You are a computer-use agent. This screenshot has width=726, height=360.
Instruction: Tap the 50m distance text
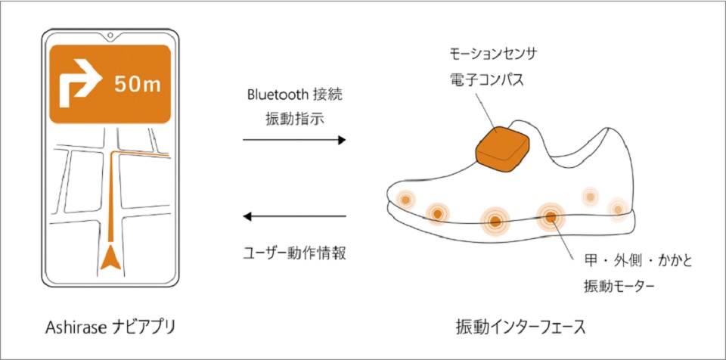[x=138, y=85]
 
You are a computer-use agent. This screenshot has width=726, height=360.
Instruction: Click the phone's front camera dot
[x=110, y=35]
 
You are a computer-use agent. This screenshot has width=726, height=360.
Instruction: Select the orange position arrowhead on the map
[x=110, y=259]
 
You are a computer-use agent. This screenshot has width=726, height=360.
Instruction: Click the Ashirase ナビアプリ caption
[x=110, y=327]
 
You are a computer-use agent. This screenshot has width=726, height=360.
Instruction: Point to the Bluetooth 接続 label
[x=295, y=95]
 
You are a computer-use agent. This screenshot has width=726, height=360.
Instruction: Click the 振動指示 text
[x=294, y=119]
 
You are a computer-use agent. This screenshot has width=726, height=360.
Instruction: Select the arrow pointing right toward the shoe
[x=294, y=140]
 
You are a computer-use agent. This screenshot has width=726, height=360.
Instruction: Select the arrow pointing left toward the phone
[x=294, y=216]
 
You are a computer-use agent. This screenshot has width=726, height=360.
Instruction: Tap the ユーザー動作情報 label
[x=294, y=254]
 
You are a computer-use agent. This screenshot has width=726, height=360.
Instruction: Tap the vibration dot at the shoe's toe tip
[x=405, y=200]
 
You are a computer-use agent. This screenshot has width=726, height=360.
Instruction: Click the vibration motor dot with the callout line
[x=551, y=216]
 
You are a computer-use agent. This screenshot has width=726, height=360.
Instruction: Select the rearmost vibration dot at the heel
[x=618, y=210]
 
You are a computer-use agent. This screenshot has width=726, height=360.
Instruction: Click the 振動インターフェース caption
[x=521, y=327]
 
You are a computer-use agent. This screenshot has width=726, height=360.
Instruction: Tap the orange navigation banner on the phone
[x=110, y=84]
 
